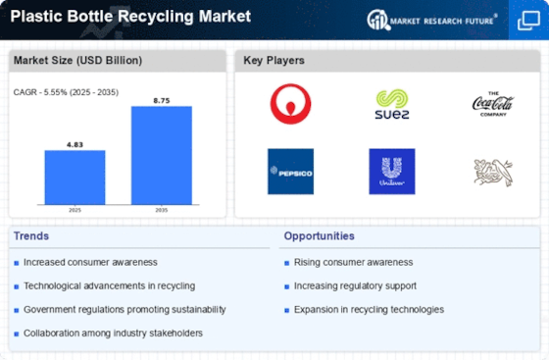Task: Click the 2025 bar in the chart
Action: [x=75, y=178]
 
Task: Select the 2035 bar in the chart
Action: [x=162, y=155]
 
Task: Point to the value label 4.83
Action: [x=75, y=144]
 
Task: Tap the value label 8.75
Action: [x=162, y=101]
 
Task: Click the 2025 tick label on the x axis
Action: [x=75, y=210]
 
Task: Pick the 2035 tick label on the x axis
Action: [x=162, y=210]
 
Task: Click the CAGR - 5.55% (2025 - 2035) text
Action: [x=66, y=92]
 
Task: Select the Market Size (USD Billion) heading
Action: [x=77, y=60]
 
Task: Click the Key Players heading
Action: [x=274, y=60]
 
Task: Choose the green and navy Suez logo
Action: [x=392, y=104]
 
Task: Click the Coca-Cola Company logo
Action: [x=493, y=104]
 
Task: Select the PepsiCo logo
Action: [x=290, y=172]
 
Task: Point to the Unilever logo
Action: [x=392, y=172]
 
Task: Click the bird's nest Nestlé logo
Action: [x=493, y=172]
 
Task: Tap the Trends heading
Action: [x=31, y=236]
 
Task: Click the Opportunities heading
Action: [x=319, y=236]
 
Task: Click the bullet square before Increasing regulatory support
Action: [x=286, y=286]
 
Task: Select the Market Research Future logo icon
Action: [x=378, y=20]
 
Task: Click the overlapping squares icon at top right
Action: [x=528, y=21]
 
